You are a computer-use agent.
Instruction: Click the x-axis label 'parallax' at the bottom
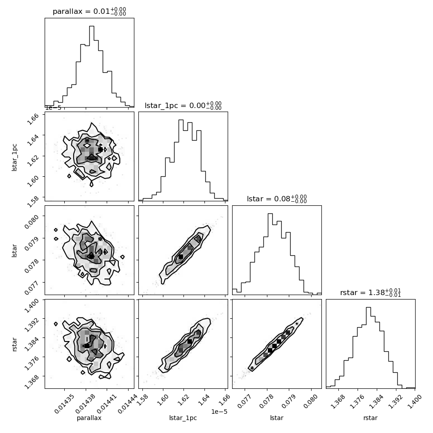click(x=89, y=418)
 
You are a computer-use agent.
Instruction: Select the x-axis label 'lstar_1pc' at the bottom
click(x=183, y=418)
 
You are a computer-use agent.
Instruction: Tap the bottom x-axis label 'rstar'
click(x=371, y=418)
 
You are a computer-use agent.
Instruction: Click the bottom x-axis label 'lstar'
click(x=277, y=418)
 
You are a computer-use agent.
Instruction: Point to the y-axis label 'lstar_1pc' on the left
click(x=14, y=158)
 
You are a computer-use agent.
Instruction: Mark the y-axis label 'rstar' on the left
click(x=14, y=344)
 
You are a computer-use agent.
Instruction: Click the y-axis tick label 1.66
click(x=33, y=119)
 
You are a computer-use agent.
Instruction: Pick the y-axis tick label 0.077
click(x=32, y=287)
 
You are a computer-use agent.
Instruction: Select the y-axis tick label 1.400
click(x=32, y=305)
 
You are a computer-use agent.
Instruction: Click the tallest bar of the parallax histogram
click(x=92, y=66)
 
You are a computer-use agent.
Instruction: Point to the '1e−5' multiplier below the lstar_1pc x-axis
click(x=219, y=412)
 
